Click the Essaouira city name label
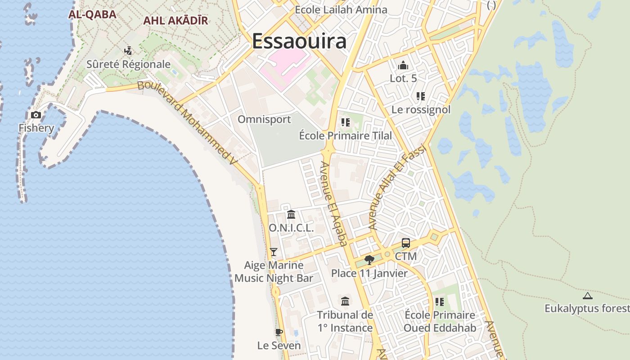299,41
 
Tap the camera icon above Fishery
36,115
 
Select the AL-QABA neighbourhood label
92,14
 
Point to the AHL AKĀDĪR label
175,21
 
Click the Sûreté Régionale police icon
128,51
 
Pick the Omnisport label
264,119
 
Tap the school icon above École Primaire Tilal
346,122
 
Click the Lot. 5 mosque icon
403,66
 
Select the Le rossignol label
421,109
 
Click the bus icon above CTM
405,243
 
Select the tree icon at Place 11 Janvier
369,260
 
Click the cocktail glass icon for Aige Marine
274,252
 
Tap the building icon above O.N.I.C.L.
291,214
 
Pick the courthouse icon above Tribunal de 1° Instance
345,301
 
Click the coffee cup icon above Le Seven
279,332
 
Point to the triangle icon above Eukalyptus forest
587,296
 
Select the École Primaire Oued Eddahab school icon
440,302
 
